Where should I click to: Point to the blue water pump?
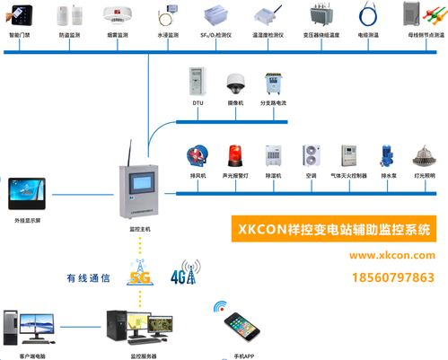[x=385, y=156]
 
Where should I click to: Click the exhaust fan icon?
[x=198, y=156]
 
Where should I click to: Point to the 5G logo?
[x=140, y=274]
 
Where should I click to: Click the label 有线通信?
[x=83, y=278]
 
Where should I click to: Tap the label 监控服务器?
[x=143, y=356]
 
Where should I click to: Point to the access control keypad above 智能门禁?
[x=21, y=15]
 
